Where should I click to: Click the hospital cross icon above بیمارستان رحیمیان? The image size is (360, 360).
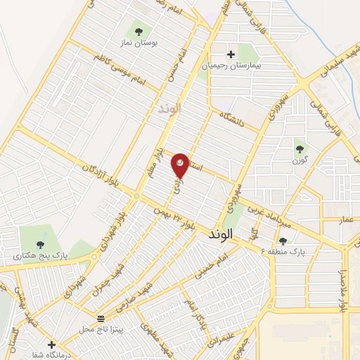point(231,54)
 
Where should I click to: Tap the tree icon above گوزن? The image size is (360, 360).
point(300,148)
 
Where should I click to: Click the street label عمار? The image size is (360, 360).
point(347,220)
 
